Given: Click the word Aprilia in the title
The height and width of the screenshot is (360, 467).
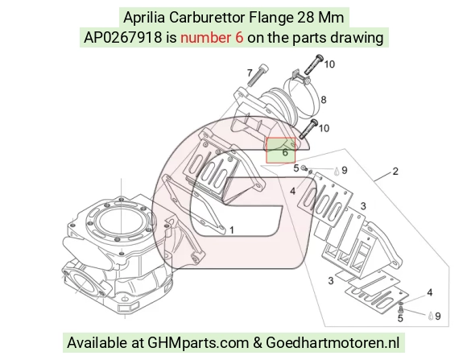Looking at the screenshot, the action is tap(144, 18).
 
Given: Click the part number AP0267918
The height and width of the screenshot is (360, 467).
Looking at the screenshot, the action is tap(123, 38).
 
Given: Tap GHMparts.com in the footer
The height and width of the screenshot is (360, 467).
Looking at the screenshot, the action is tap(198, 343).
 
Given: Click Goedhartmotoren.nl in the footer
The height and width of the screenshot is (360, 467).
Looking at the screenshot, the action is tap(333, 342).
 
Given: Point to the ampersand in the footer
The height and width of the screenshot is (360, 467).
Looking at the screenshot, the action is tap(258, 343).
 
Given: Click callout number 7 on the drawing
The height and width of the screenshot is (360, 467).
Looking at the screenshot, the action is tap(250, 72).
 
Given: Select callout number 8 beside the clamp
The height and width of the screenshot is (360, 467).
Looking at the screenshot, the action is tap(324, 100).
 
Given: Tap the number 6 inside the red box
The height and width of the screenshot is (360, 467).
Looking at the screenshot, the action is tap(285, 152).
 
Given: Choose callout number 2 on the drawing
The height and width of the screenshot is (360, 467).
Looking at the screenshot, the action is tap(395, 171).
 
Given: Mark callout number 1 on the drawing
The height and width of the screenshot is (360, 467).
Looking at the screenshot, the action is tap(231, 230).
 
